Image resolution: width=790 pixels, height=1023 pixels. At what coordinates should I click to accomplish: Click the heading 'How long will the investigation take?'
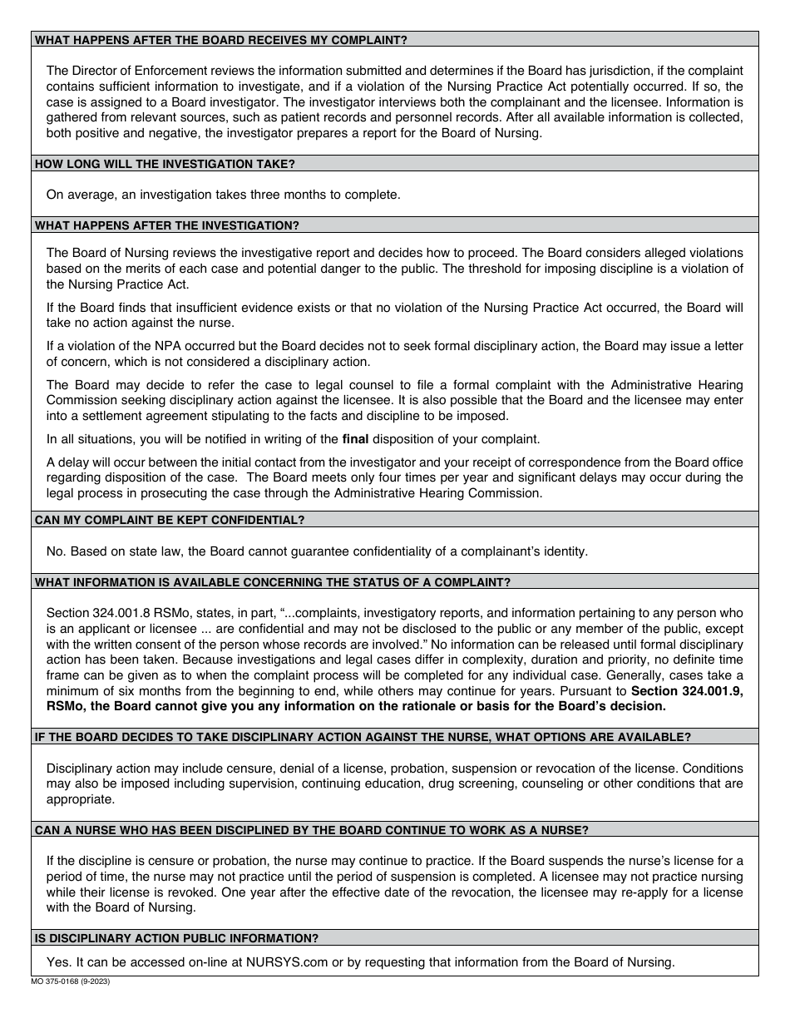coord(165,164)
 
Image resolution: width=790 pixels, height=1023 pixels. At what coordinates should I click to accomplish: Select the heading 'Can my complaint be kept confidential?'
coord(170,520)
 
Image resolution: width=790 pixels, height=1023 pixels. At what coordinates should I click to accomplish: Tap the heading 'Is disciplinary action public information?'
coord(176,938)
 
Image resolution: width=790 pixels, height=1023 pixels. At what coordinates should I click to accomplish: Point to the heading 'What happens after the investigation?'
coord(166,225)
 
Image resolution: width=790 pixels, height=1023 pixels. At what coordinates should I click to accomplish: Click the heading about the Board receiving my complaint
coord(220,39)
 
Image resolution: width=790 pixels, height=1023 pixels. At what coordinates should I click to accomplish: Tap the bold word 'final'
coord(355,439)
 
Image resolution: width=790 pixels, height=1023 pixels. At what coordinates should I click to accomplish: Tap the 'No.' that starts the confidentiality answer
coord(57,551)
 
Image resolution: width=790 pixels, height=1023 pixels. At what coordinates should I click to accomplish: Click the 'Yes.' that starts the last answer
coord(59,962)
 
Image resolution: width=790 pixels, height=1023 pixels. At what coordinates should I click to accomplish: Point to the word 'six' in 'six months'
coord(124,690)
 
